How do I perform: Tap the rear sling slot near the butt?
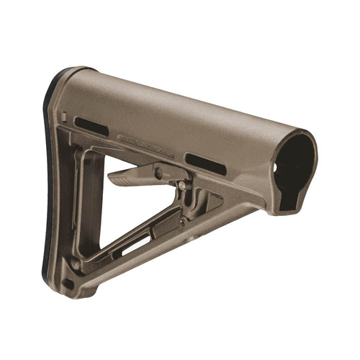[91, 126]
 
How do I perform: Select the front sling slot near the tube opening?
[205, 163]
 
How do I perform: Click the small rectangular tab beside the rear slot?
[65, 116]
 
